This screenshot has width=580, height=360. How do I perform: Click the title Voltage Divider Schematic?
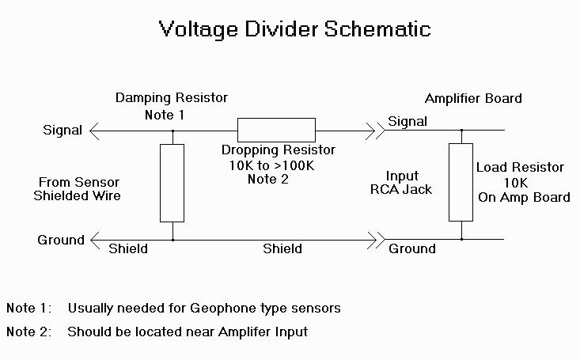click(x=294, y=29)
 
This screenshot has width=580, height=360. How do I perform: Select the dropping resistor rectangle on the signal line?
click(x=276, y=129)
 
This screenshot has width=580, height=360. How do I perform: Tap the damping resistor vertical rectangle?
click(x=172, y=183)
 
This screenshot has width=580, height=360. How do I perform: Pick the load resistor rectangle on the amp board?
click(x=461, y=182)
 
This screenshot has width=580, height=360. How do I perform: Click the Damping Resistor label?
click(x=172, y=98)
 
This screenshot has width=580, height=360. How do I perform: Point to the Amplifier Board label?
click(x=473, y=99)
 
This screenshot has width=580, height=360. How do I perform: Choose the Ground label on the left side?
click(x=61, y=240)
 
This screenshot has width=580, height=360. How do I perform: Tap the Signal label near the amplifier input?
click(x=408, y=122)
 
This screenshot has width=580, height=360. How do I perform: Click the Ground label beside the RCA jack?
click(x=411, y=248)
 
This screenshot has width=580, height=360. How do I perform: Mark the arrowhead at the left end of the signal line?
click(x=93, y=129)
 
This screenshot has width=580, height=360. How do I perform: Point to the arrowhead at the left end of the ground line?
click(x=93, y=239)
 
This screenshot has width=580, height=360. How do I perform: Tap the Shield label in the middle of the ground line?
click(x=282, y=248)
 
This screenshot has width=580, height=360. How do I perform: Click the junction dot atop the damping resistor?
click(x=172, y=129)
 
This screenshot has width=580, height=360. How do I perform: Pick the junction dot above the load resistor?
click(x=461, y=129)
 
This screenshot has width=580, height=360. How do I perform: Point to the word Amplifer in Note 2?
click(x=222, y=332)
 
